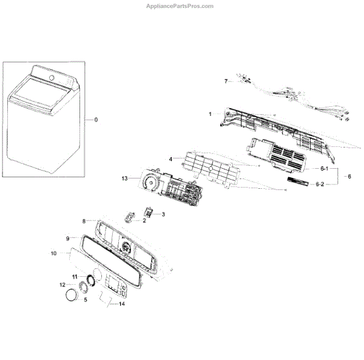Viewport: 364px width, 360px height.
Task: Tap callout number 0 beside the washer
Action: point(95,120)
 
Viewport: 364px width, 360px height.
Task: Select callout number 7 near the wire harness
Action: point(226,81)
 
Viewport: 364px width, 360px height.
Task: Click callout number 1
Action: point(210,114)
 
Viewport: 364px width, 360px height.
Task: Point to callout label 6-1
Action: point(324,168)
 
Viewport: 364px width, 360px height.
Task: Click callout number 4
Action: point(171,159)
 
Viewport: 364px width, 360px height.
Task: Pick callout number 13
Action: point(125,178)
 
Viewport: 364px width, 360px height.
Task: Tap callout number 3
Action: point(163,215)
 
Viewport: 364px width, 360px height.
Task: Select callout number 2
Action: point(144,222)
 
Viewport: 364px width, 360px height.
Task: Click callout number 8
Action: point(84,221)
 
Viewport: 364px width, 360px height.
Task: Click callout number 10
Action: point(53,253)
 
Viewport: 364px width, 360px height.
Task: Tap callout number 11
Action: point(74,277)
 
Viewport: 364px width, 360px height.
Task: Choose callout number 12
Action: point(62,285)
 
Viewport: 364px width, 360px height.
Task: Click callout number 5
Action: point(85,299)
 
